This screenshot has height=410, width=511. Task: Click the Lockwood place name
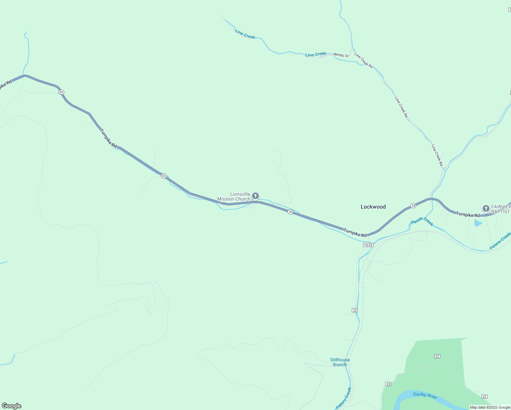point(373,207)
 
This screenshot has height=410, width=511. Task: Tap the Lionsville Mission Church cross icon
point(255,196)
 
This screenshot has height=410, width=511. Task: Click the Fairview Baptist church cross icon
point(486,208)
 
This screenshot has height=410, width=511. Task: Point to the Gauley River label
point(425,395)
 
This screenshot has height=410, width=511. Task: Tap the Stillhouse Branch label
point(340,362)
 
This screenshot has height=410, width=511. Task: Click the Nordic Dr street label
point(341,55)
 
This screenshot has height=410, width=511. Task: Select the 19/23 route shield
point(368,245)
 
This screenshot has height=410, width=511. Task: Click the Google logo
point(12,406)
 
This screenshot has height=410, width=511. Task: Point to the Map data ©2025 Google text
point(490,407)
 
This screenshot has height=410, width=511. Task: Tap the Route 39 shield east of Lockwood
point(413,206)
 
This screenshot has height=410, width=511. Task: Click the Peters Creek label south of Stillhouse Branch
point(344,398)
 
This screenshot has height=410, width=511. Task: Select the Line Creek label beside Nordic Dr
point(316,54)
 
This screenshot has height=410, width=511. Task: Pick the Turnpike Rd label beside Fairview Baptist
point(468,215)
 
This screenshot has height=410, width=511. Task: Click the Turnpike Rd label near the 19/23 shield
point(355,233)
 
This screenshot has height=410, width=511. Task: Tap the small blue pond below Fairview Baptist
point(478,223)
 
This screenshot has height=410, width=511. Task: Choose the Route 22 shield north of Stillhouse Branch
point(355,310)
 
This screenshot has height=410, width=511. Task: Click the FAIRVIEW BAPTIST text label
point(501,209)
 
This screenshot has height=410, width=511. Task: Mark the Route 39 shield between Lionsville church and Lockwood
point(290,212)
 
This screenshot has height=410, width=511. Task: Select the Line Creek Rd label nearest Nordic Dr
point(363,60)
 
